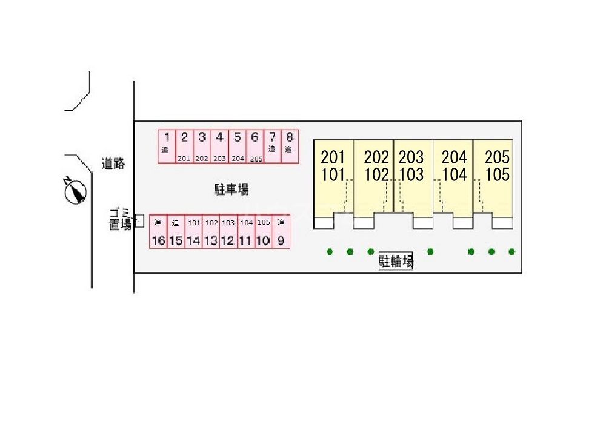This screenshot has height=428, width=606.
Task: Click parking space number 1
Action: tap(167, 147)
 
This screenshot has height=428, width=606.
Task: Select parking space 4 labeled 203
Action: tap(219, 147)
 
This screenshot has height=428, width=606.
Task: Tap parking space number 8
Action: tap(290, 147)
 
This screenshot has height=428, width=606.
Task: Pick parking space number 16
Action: tap(158, 231)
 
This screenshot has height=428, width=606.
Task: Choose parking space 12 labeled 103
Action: tap(228, 231)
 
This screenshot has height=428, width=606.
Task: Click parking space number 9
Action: tap(281, 231)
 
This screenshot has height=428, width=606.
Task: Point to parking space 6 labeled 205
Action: tap(255, 147)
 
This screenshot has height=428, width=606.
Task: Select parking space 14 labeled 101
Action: tap(193, 231)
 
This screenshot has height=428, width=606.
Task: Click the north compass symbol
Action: tap(76, 191)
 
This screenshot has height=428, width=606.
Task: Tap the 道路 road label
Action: tap(113, 163)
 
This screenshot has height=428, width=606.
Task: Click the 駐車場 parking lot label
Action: tap(231, 189)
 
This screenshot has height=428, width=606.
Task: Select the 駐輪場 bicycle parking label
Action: tap(396, 262)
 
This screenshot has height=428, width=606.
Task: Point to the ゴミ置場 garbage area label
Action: tap(120, 219)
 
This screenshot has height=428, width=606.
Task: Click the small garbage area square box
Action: tap(139, 220)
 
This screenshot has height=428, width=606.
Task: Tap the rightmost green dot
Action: tap(511, 251)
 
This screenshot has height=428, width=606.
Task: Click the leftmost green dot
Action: tap(330, 251)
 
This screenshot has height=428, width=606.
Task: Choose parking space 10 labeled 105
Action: tap(263, 231)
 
